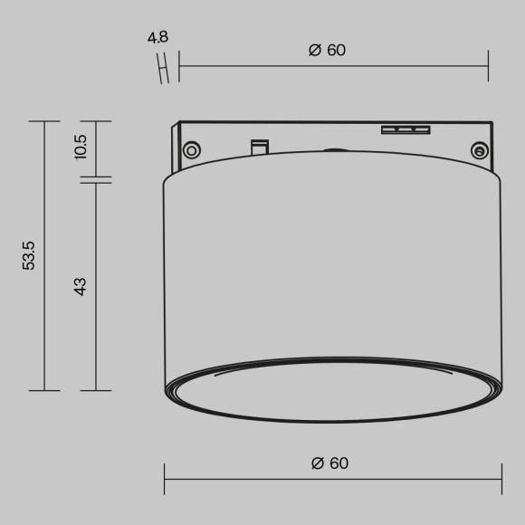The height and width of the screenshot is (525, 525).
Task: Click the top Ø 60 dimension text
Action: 327,50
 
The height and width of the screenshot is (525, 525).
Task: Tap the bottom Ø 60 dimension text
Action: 329,463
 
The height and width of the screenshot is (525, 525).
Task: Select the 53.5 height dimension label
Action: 29,256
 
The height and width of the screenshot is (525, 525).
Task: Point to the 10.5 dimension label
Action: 81,147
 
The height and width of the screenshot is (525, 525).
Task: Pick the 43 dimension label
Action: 81,287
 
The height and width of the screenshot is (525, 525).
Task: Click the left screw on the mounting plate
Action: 191,149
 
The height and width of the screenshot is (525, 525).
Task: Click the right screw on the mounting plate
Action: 478,150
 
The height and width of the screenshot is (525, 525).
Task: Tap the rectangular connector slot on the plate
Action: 404,130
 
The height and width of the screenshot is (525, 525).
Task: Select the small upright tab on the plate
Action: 259,146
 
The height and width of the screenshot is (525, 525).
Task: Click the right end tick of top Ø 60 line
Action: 488,65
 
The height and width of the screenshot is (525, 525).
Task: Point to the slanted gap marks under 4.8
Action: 163,70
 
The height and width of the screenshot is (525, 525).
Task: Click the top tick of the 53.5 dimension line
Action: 43,121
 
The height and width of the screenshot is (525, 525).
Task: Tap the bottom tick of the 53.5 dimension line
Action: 43,390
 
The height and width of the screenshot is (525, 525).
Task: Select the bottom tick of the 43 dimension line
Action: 95,390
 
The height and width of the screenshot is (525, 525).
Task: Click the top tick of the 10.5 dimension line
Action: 95,121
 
